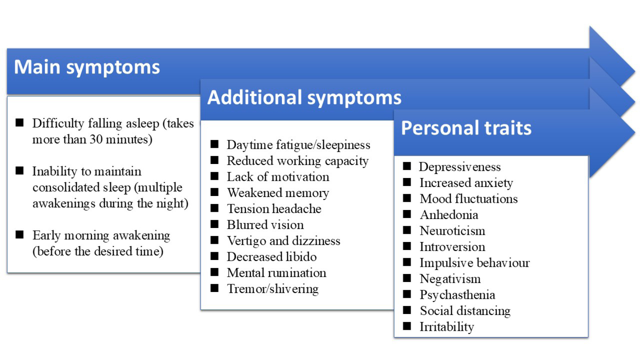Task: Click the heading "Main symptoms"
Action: (x=87, y=68)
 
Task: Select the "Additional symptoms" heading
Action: (x=304, y=98)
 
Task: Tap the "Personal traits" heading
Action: (x=466, y=128)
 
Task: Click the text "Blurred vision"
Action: (x=265, y=225)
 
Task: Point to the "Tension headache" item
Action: (x=274, y=209)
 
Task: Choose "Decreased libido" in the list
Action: (x=271, y=257)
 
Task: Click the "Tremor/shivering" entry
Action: (x=273, y=289)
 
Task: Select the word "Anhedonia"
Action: (x=449, y=215)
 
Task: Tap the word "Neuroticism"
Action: (x=452, y=231)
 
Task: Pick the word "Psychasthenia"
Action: (x=457, y=295)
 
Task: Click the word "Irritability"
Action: (x=447, y=327)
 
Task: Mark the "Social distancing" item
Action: (x=465, y=311)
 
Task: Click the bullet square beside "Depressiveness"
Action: (x=407, y=166)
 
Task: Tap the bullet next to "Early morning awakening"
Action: (x=19, y=235)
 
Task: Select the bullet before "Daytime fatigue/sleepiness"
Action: (x=215, y=144)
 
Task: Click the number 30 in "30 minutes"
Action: (x=96, y=139)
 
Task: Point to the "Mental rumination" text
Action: (x=276, y=273)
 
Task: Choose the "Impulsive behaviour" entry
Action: (x=475, y=263)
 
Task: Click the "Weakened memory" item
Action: (x=278, y=193)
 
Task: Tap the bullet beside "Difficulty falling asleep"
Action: (x=19, y=123)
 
